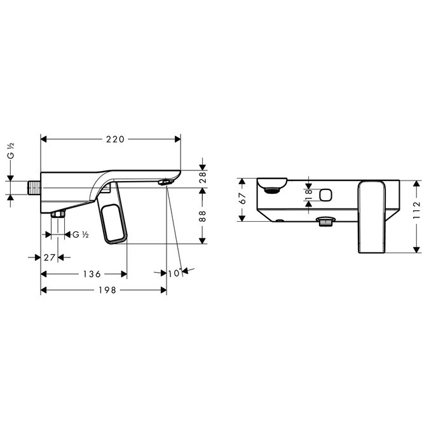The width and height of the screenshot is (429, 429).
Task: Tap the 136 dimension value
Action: click(92, 274)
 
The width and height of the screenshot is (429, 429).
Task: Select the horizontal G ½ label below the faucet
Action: click(80, 235)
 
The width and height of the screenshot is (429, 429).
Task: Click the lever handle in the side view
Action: click(113, 219)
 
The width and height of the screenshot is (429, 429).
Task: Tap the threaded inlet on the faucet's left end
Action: click(34, 188)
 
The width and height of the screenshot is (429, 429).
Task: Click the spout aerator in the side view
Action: click(165, 183)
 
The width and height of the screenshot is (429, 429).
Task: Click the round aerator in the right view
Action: click(271, 187)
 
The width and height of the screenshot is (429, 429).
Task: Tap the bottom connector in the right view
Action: click(325, 222)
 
